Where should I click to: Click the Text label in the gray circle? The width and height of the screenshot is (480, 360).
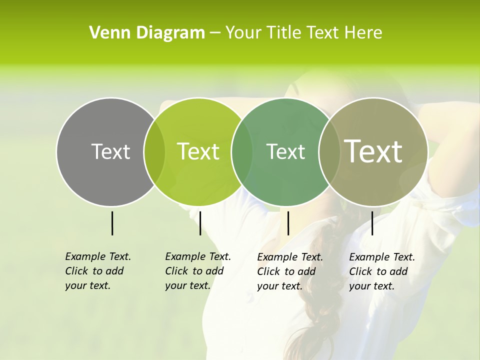(x=110, y=151)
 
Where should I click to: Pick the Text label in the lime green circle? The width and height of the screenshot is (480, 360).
(x=198, y=151)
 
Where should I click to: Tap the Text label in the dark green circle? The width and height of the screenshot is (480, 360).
(x=285, y=151)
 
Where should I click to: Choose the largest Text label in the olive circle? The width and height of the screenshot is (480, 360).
(x=373, y=151)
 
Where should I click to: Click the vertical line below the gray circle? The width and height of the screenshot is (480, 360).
(x=112, y=223)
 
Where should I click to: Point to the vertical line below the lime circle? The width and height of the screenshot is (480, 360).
(x=200, y=223)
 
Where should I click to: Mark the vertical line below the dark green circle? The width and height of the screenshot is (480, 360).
(x=288, y=223)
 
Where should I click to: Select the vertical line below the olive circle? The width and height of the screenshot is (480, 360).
(x=372, y=223)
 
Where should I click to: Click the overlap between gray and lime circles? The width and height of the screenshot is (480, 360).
(x=154, y=151)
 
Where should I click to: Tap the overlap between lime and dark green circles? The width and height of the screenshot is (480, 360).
(x=242, y=151)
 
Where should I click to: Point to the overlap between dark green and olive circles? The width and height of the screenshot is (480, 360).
(x=328, y=151)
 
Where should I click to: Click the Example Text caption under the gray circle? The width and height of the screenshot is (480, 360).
(x=97, y=271)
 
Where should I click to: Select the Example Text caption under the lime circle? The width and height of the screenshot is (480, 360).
(x=197, y=271)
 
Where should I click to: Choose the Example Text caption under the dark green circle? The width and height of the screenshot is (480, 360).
(x=289, y=271)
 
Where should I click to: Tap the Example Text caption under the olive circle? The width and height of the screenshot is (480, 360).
(x=381, y=271)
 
